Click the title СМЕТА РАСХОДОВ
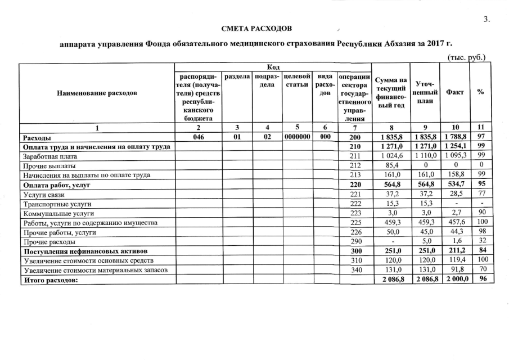[256, 28]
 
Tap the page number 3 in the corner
[487, 19]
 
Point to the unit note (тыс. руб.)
[466, 57]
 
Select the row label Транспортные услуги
[57, 204]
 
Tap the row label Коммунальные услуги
[58, 213]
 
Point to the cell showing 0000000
[298, 137]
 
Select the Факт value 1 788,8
[455, 137]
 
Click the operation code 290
[355, 242]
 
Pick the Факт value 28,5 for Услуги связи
[455, 194]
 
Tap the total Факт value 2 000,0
[455, 280]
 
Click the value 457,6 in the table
[455, 223]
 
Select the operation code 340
[355, 271]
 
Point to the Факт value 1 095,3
[455, 156]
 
